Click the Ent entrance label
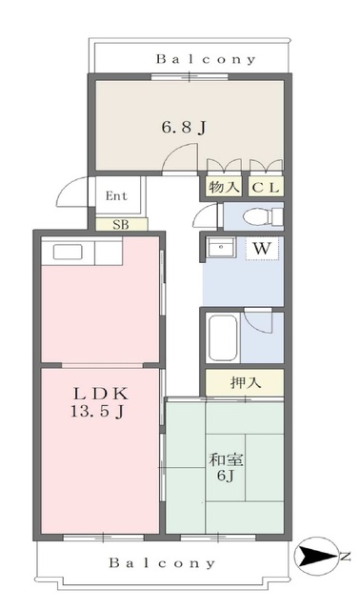tap(115, 197)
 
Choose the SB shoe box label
tap(121, 225)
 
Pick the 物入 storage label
tap(224, 188)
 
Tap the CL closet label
tap(267, 188)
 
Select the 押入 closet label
tap(245, 384)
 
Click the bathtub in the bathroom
tap(226, 335)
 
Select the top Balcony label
tap(206, 58)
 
